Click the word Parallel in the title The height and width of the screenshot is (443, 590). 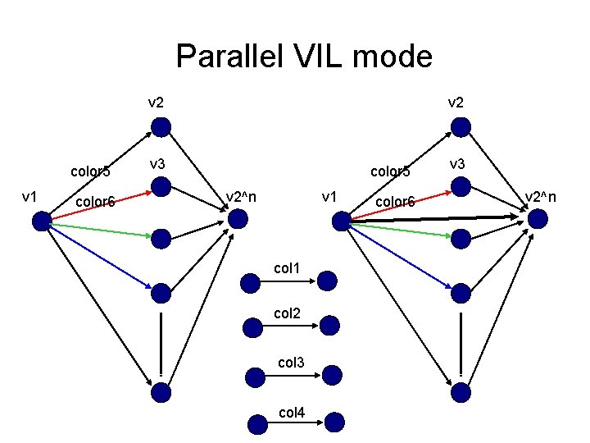point(229,56)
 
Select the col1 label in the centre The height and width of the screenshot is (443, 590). point(287,268)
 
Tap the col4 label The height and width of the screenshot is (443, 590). point(292,413)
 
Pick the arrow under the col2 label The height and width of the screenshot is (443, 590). point(290,326)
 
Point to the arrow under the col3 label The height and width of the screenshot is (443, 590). point(293,376)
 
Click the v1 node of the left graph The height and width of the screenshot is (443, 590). point(42,221)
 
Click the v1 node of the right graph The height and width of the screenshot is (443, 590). point(342,221)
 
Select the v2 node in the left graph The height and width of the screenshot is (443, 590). point(161,127)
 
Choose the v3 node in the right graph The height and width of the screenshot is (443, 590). point(461,186)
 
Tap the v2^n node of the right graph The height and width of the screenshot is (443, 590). point(538,219)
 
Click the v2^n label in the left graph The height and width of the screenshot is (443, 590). point(241,197)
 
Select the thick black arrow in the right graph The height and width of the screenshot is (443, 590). point(434,218)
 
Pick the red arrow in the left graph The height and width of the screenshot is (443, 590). point(102,206)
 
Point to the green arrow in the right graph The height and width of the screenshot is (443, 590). point(401,231)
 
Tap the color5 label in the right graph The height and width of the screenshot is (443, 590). point(390,171)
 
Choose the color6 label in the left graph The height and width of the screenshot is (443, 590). point(95,202)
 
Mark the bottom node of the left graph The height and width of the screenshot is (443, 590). point(161,392)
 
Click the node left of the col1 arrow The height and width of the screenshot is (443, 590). point(250,283)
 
